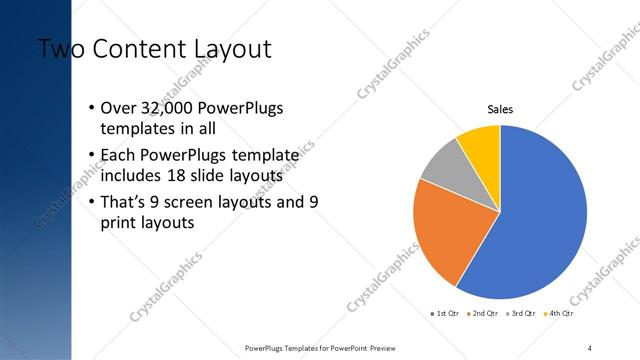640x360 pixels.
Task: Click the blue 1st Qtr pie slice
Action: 540,220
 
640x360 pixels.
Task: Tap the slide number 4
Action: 590,347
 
